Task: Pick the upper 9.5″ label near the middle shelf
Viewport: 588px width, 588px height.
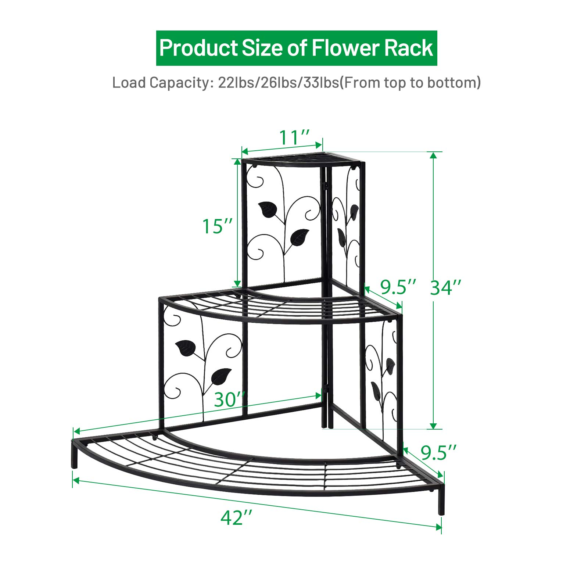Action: tap(398, 287)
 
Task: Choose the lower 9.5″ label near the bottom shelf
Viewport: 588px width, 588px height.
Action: tap(438, 452)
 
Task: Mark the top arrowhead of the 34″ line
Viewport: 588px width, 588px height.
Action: tap(434, 155)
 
